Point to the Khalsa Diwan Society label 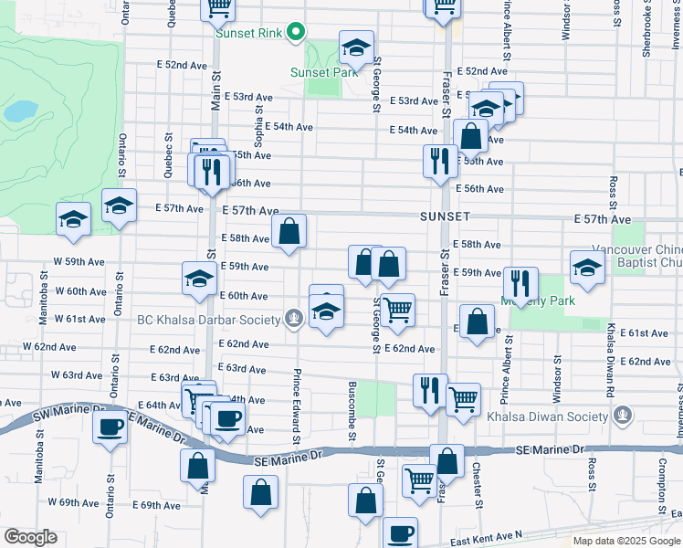(x=558, y=417)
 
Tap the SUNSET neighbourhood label (x=445, y=216)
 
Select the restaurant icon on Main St (x=212, y=172)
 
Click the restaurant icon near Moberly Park (x=520, y=283)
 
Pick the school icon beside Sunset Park (x=356, y=47)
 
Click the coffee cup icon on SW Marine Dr (x=110, y=427)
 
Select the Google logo (x=30, y=536)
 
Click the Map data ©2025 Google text (x=626, y=541)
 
